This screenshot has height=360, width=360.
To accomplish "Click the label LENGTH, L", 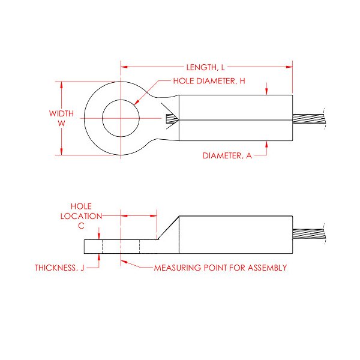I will pyautogui.click(x=204, y=68).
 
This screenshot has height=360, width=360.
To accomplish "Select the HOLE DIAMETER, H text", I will pyautogui.click(x=209, y=81).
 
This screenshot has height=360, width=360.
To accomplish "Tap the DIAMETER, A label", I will pyautogui.click(x=227, y=155).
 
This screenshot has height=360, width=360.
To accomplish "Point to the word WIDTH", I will pyautogui.click(x=61, y=113).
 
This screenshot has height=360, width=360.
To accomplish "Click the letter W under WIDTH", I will pyautogui.click(x=61, y=123).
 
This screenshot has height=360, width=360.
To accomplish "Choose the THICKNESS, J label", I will pyautogui.click(x=59, y=268).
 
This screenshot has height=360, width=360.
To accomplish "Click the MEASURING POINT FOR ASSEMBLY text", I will pyautogui.click(x=220, y=268).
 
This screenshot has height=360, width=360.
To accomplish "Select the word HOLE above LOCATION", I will pyautogui.click(x=80, y=205).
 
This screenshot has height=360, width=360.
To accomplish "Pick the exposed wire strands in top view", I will pyautogui.click(x=308, y=118).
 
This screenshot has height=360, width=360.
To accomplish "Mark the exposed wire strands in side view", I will pyautogui.click(x=308, y=235).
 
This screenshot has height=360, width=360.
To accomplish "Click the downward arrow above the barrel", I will pyautogui.click(x=266, y=92).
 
